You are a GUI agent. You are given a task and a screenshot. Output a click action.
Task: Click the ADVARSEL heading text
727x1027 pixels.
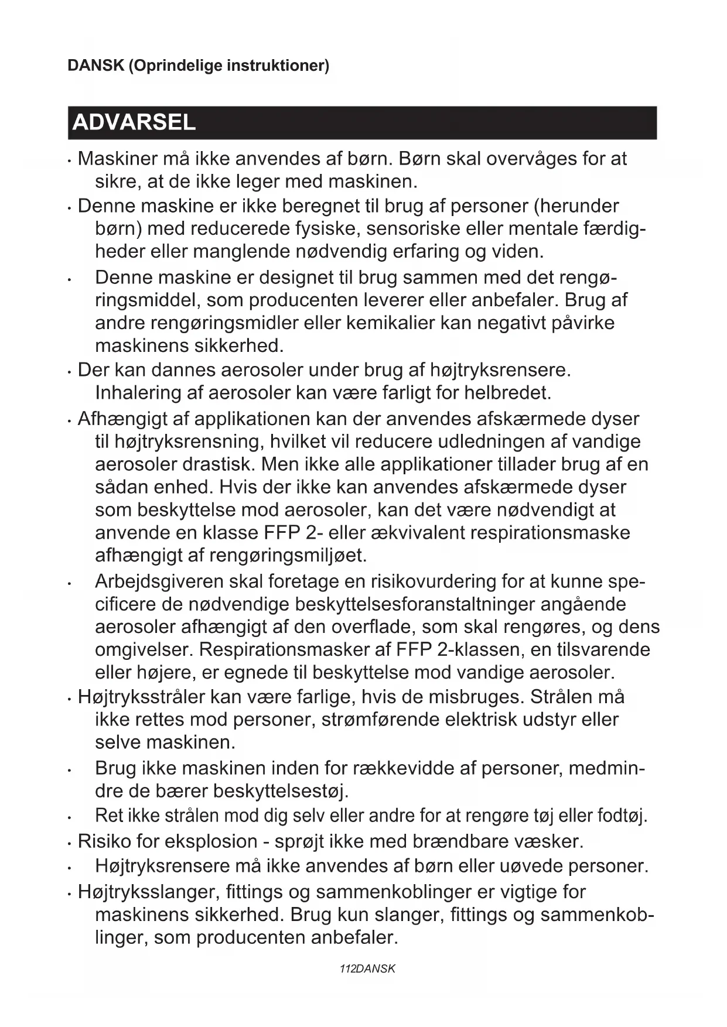point(134,123)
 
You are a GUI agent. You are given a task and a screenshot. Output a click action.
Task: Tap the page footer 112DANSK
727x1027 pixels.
point(367,968)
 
